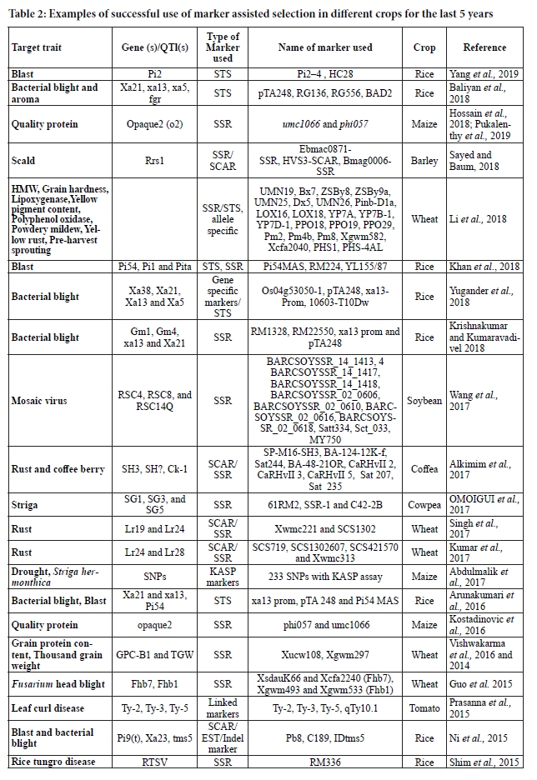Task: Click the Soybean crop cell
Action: (x=424, y=401)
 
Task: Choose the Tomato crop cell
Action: (x=424, y=709)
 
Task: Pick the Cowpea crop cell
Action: (x=424, y=505)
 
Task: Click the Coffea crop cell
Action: (x=424, y=469)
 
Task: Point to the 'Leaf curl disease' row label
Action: (x=52, y=709)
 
